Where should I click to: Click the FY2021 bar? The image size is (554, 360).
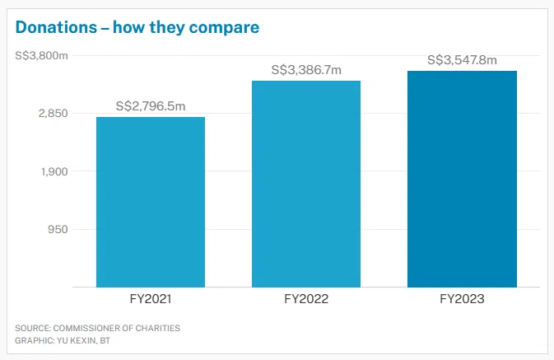tap(151, 202)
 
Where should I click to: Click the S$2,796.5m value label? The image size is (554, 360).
tap(150, 106)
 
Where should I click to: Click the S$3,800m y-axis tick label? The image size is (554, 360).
tap(41, 55)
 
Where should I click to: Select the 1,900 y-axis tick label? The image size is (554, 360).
tap(52, 171)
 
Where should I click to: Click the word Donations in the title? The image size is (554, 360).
tap(53, 27)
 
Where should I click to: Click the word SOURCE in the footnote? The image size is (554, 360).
tap(32, 328)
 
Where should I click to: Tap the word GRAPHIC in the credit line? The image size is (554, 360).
tap(33, 340)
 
